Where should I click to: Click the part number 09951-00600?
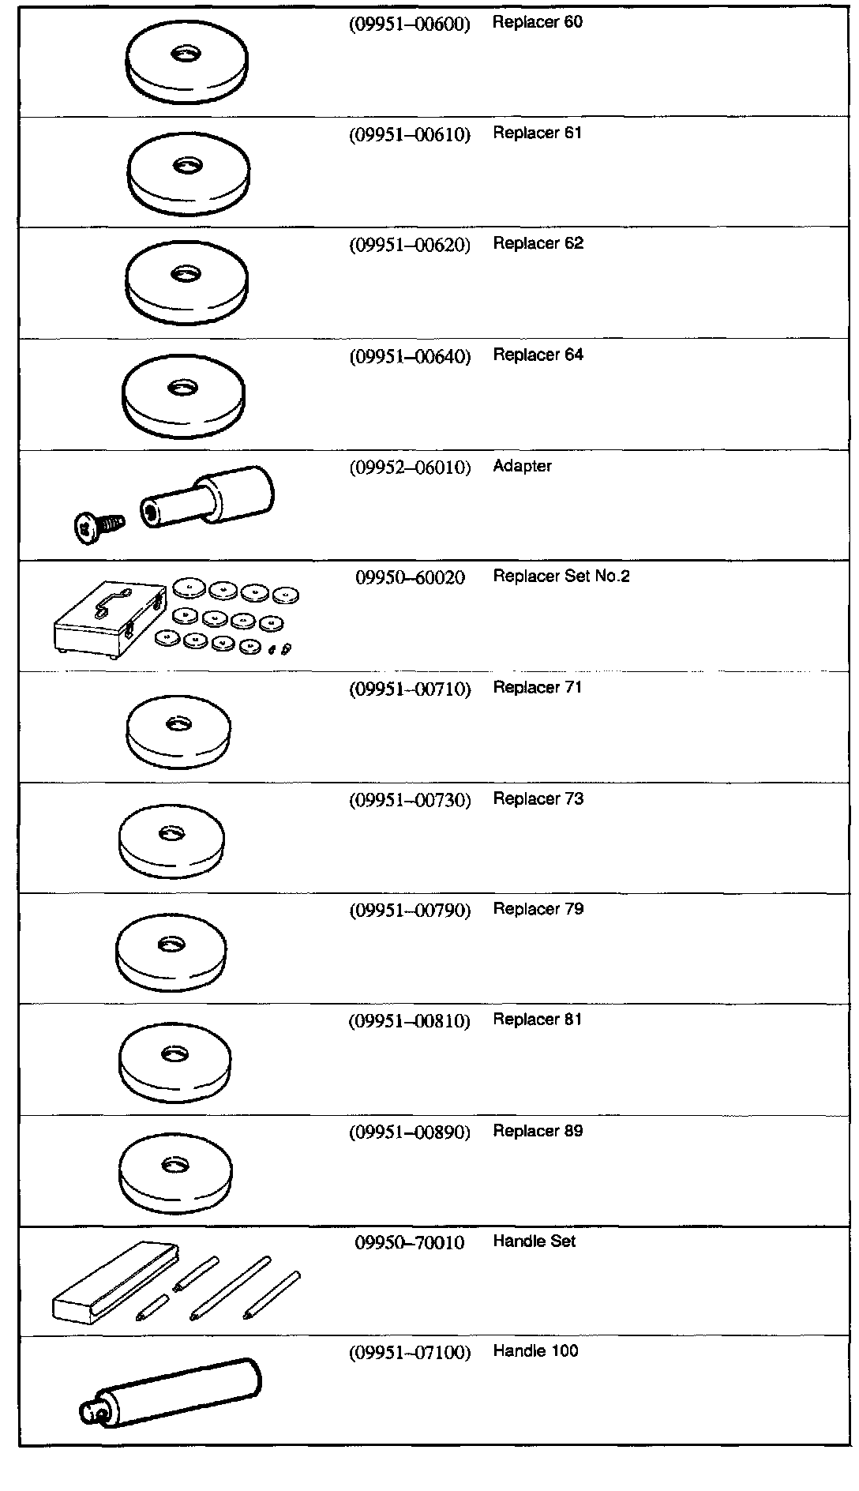point(409,24)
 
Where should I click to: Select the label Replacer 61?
point(537,133)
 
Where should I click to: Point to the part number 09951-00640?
point(410,357)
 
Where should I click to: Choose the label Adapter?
point(522,466)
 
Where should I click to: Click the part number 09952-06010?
point(410,468)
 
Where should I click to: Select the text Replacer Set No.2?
point(561,576)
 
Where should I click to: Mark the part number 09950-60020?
point(410,578)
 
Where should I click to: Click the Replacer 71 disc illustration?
point(178,731)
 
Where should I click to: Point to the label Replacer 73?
point(538,798)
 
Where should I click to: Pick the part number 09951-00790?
point(410,911)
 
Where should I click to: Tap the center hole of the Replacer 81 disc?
point(174,1053)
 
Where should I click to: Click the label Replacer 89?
point(538,1131)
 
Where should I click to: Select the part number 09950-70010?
point(410,1242)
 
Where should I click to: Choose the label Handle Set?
point(534,1241)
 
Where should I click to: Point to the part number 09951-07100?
point(410,1353)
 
